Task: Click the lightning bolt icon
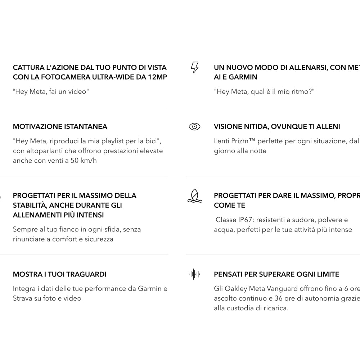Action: pos(194,67)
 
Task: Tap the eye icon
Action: pos(194,126)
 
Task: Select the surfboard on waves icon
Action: pos(194,195)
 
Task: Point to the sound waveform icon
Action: pos(194,274)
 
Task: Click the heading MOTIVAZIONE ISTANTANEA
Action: pos(60,127)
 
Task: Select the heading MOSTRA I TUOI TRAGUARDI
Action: pos(60,274)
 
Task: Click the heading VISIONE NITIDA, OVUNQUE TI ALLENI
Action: pos(277,127)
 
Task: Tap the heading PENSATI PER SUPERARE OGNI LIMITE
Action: pos(276,274)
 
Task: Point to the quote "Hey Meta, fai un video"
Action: pos(51,91)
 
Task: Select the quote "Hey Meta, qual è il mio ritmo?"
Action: pos(264,91)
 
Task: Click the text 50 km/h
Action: pos(84,161)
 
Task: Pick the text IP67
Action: pos(245,220)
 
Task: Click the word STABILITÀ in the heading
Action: pos(30,205)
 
